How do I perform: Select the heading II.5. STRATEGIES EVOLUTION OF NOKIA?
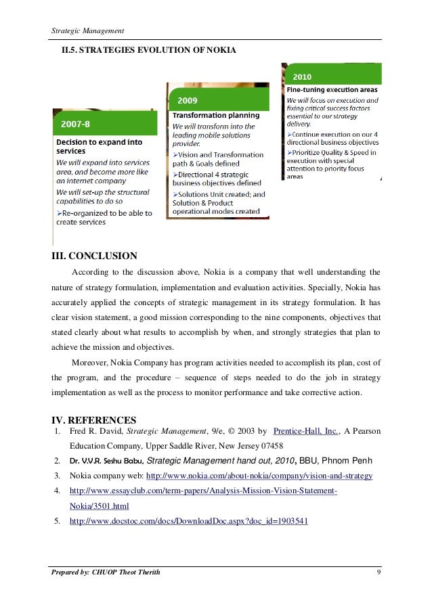click(149, 50)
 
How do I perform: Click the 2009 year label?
click(188, 100)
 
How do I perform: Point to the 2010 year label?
click(303, 76)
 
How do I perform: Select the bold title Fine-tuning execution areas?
click(332, 89)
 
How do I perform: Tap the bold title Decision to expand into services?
click(99, 148)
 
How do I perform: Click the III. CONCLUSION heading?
click(95, 256)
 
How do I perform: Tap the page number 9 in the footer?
click(376, 574)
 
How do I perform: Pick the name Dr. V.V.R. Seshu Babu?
click(106, 461)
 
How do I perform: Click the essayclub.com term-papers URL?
click(203, 491)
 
